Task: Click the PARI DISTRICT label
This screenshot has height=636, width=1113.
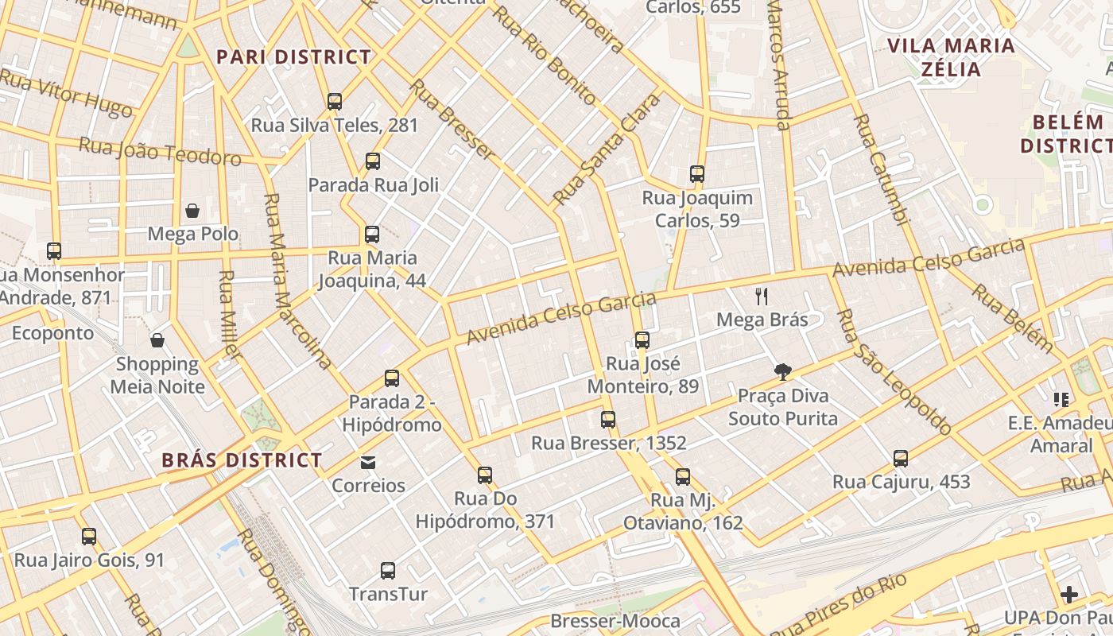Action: (294, 57)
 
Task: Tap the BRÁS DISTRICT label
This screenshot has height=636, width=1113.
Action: (242, 460)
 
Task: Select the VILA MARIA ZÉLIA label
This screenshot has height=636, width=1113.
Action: (951, 57)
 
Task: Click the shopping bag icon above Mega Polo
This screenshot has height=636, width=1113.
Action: (192, 211)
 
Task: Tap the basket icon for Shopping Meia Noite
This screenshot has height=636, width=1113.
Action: (157, 340)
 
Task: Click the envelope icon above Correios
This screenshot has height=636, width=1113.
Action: (368, 462)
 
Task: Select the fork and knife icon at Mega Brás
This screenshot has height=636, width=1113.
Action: (762, 297)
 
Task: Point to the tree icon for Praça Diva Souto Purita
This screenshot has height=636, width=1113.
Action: (783, 371)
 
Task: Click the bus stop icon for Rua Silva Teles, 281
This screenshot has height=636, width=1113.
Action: (335, 102)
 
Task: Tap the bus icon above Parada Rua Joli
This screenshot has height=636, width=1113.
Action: (373, 161)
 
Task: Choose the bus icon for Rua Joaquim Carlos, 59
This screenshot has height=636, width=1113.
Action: (697, 174)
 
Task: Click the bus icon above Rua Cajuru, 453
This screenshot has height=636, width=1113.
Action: (901, 459)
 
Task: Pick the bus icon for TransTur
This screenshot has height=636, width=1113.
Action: (388, 571)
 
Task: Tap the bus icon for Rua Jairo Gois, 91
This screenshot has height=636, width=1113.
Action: (89, 537)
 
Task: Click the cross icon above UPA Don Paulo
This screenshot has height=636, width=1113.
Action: (1069, 595)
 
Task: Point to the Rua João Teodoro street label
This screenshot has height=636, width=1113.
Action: (160, 151)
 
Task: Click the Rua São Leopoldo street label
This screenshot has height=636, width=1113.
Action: (894, 372)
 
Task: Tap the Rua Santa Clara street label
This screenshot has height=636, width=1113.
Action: (607, 149)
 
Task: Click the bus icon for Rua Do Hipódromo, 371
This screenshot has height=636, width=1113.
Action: (485, 475)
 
